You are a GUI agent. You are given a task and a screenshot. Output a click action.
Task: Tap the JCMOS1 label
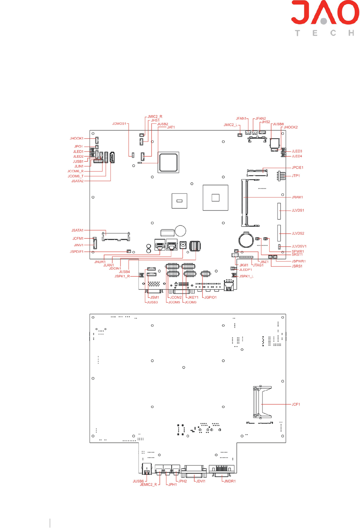119,124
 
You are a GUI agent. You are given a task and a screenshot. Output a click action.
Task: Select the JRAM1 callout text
297,197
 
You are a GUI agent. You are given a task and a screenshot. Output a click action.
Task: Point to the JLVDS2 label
298,233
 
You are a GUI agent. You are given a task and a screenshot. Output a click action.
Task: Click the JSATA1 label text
77,230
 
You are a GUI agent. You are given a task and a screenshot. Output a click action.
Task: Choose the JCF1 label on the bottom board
296,405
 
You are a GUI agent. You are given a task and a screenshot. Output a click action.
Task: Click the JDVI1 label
201,481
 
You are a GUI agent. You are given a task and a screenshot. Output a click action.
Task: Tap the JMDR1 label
230,481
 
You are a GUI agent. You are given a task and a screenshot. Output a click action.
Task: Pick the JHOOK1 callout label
76,139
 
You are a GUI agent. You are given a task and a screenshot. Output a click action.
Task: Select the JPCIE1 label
298,168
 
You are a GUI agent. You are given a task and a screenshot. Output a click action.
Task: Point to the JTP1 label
296,176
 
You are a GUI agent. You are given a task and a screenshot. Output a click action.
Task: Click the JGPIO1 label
211,298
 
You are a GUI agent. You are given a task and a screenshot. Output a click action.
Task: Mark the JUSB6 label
138,481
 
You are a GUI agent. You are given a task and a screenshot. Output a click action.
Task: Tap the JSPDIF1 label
76,252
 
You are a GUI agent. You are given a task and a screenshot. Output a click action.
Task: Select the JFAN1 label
241,119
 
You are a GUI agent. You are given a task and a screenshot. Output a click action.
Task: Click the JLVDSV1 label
299,247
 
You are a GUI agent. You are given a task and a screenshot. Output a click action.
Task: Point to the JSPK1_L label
246,276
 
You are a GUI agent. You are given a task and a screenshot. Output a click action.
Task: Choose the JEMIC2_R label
148,485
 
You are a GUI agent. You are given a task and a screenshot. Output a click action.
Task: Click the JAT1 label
171,127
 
